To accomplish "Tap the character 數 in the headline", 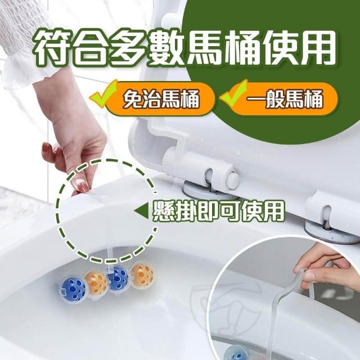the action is coord(166,47).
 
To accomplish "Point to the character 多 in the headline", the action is coord(128,47).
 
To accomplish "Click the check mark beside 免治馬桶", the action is coord(103,94).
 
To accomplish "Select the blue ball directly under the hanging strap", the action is coord(118,281).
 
